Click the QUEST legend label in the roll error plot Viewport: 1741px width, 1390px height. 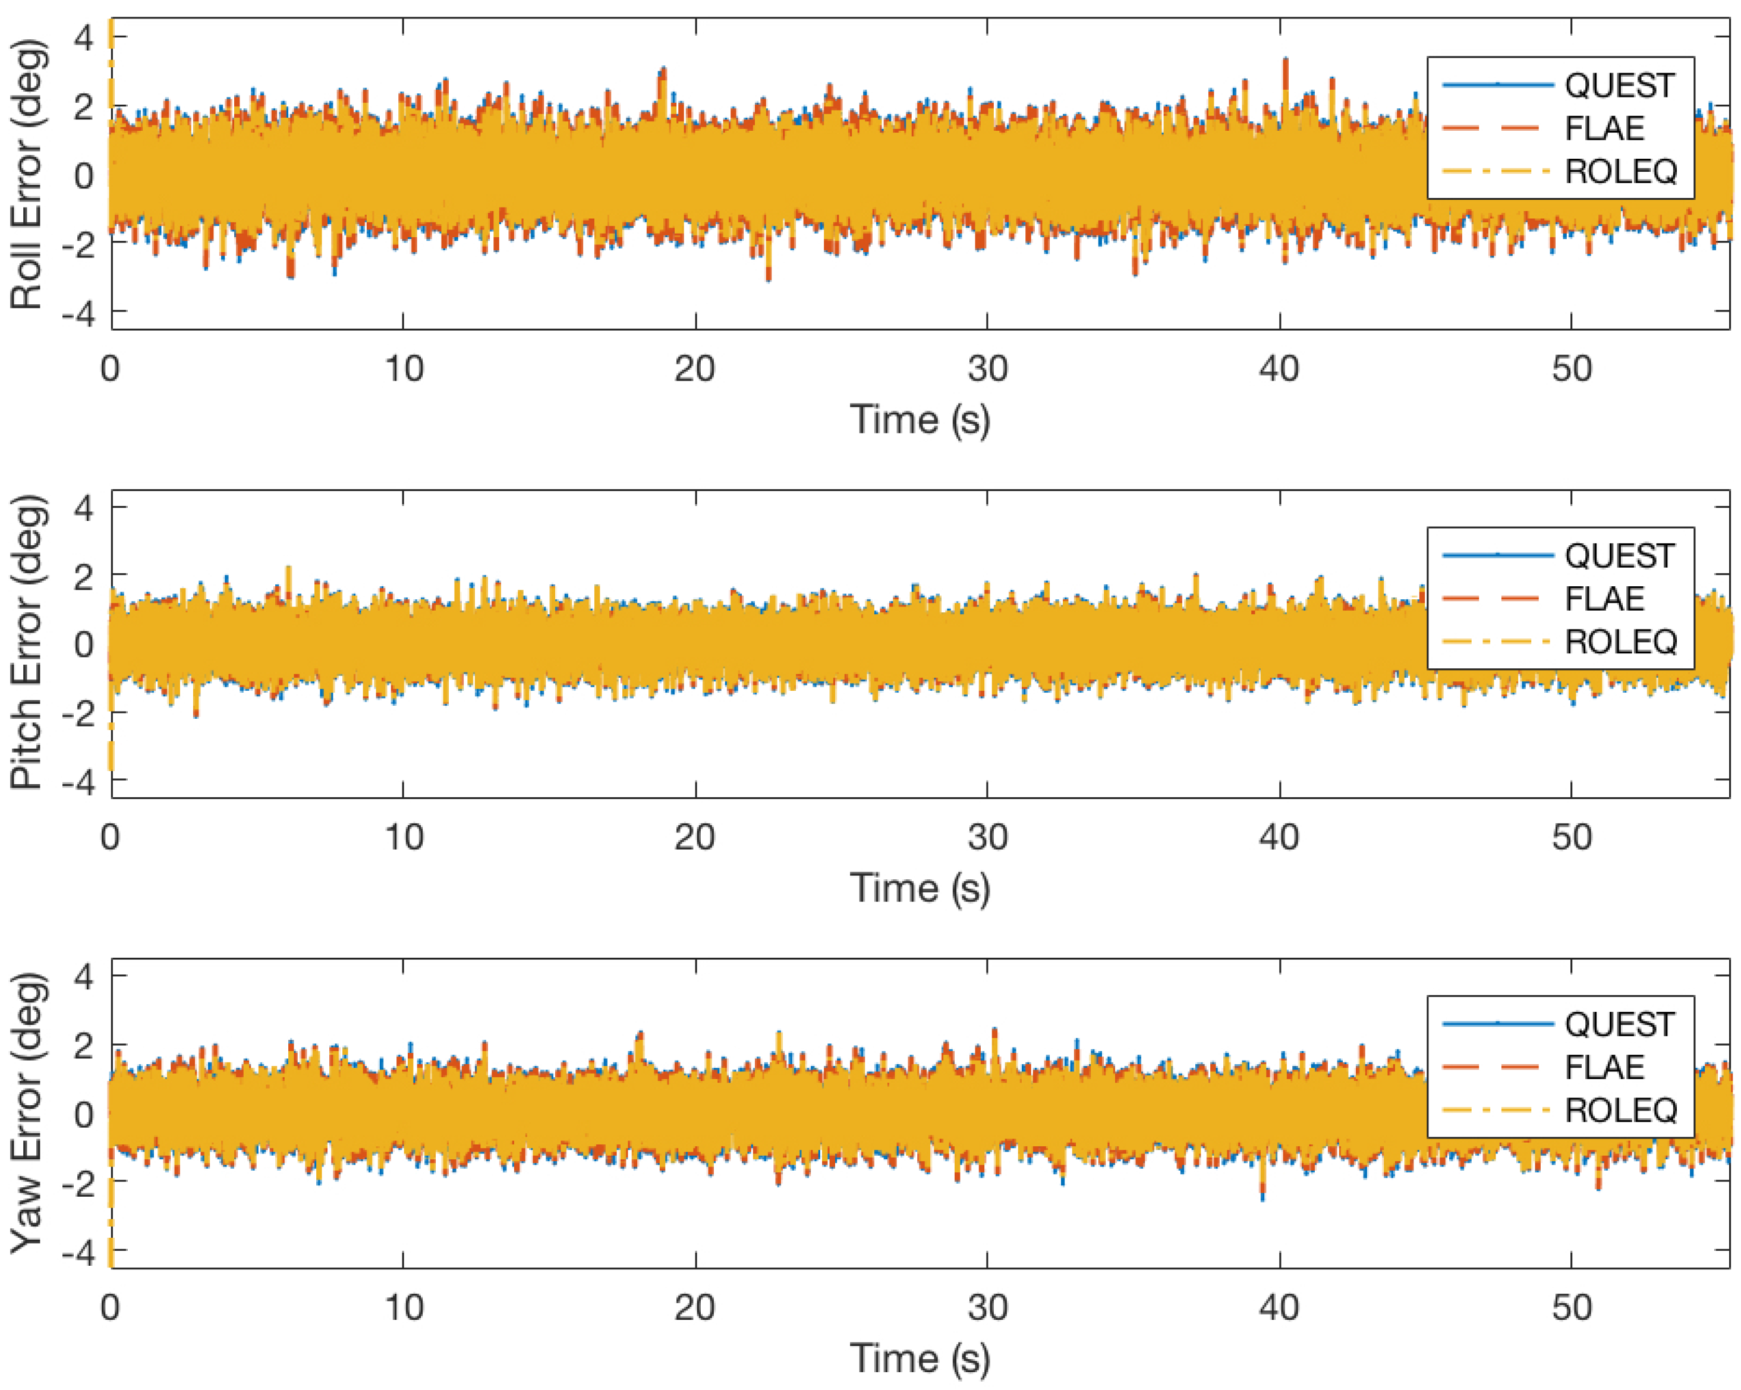1619,86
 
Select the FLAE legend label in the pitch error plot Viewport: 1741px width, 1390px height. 1604,599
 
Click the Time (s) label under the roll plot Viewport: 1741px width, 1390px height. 920,420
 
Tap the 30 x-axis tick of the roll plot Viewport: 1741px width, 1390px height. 987,369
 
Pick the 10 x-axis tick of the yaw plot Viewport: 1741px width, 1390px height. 403,1307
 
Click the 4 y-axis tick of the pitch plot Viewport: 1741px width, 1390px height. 83,507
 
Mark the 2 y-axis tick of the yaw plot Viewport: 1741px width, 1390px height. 83,1045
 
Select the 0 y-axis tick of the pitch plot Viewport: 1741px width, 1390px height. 83,644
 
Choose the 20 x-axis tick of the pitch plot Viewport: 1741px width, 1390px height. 694,838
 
